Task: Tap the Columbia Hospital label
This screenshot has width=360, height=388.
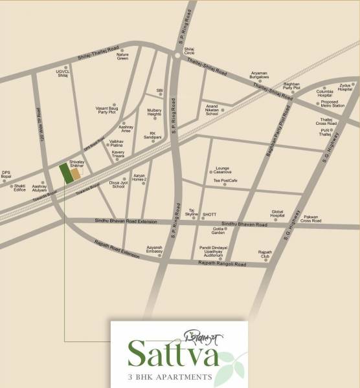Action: pos(324,94)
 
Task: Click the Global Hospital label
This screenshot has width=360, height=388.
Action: pos(278,213)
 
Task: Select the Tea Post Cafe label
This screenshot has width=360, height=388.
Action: pos(226,182)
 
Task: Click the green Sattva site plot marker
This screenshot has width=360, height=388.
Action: pos(65,173)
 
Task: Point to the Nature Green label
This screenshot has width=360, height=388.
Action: pos(122,56)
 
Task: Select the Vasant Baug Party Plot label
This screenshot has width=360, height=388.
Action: pos(107,110)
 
